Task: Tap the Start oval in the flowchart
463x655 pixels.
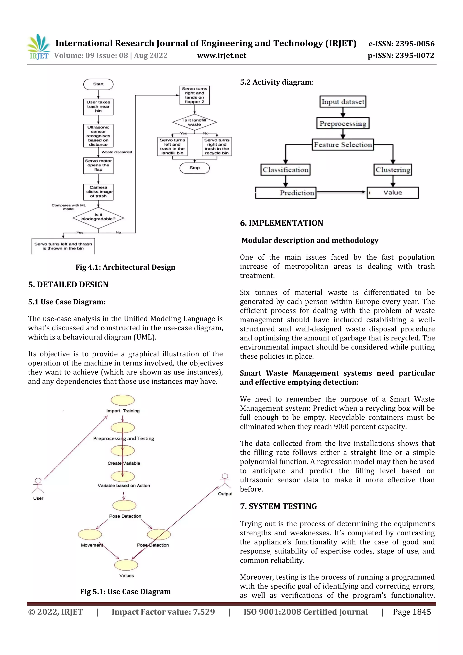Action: [98, 84]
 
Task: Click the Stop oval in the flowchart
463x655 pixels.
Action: [195, 168]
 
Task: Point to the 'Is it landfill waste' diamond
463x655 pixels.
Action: [195, 122]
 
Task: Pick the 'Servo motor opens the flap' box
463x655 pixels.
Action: [98, 166]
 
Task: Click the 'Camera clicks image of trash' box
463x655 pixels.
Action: [98, 192]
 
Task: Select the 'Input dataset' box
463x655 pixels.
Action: [343, 102]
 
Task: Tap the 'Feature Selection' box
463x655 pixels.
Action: [343, 145]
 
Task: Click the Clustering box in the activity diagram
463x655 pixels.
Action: [393, 170]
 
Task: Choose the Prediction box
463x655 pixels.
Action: [286, 193]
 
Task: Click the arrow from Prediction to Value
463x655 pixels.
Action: [341, 192]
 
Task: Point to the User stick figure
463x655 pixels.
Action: [38, 486]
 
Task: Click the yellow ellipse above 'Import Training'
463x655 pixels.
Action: [123, 400]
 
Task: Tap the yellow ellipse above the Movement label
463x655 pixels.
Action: [90, 534]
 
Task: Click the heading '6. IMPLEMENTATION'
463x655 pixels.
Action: [281, 223]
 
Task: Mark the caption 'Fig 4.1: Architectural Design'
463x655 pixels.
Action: [125, 267]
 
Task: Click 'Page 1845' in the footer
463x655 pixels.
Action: [412, 612]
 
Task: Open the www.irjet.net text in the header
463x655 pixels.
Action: [222, 56]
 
